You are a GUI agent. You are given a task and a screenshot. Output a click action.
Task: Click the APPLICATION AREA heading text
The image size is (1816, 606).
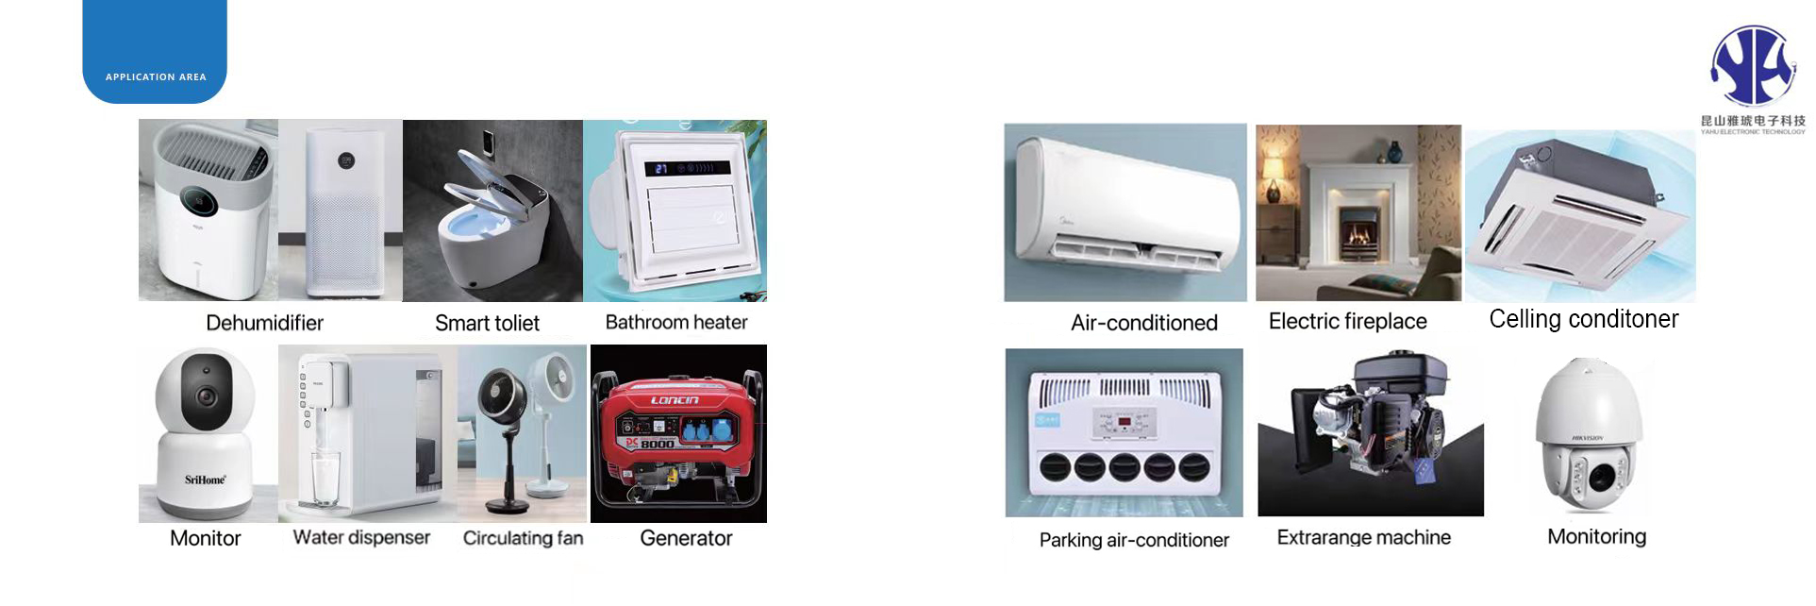click(156, 77)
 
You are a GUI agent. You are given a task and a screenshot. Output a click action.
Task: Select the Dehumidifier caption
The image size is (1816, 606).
click(264, 323)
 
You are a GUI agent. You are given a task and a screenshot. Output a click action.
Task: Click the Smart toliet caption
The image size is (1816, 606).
click(487, 324)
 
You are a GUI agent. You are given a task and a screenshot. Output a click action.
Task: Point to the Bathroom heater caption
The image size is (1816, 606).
click(675, 323)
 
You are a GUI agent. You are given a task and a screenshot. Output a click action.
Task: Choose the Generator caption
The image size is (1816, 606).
click(686, 538)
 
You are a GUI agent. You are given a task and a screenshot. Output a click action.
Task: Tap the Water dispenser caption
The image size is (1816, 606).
click(361, 538)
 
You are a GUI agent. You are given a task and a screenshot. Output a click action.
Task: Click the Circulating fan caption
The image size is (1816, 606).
click(523, 538)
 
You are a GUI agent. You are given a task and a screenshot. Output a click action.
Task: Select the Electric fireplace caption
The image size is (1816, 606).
click(1347, 322)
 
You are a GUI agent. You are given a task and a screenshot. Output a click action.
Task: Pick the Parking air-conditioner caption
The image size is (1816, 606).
click(1134, 540)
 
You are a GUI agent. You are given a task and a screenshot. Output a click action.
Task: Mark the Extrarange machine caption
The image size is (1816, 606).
click(1363, 538)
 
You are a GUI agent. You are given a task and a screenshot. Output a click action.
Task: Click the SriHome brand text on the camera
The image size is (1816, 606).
click(205, 480)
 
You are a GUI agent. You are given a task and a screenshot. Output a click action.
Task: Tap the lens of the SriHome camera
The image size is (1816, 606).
click(207, 396)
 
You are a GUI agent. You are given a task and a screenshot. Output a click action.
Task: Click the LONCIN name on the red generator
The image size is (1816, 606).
click(675, 400)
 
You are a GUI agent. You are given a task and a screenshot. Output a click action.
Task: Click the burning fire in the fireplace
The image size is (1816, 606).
click(1358, 232)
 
